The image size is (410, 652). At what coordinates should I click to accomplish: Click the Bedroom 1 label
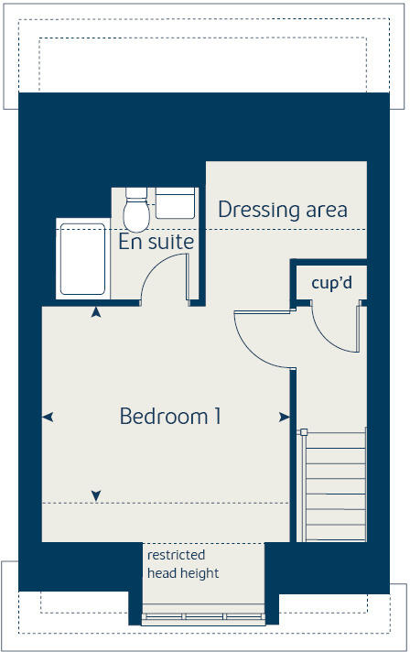[x=170, y=417]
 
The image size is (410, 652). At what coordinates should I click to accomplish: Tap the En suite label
[x=156, y=242]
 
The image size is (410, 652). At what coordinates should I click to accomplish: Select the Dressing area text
[x=282, y=210]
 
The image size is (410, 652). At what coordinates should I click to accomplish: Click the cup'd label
[x=331, y=283]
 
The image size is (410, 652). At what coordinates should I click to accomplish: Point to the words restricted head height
[x=183, y=564]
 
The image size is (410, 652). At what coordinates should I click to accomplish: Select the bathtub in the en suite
[x=82, y=258]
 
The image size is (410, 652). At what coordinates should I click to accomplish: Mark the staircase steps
[x=334, y=485]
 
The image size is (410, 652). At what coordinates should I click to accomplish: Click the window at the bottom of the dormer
[x=203, y=615]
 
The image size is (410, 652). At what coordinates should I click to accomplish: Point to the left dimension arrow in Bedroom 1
[x=49, y=418]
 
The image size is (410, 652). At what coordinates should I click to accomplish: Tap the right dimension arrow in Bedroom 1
[x=284, y=418]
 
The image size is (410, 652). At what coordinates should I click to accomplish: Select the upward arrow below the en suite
[x=96, y=313]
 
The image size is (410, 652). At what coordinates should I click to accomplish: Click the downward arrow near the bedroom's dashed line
[x=96, y=496]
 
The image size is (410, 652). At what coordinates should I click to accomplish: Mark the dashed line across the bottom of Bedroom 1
[x=165, y=503]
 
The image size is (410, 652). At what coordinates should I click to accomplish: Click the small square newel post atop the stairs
[x=303, y=431]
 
